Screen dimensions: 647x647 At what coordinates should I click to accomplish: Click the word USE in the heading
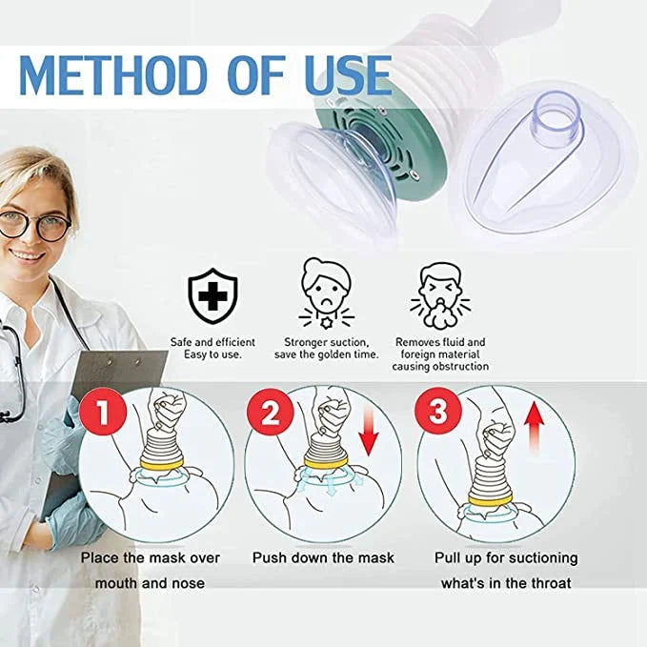348,76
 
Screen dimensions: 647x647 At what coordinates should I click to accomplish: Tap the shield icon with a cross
212,295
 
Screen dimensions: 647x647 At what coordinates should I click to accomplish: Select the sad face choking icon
327,293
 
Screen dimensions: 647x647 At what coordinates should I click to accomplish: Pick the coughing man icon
440,295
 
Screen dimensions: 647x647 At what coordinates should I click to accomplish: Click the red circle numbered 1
103,412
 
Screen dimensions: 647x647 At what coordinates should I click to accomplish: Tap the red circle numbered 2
271,412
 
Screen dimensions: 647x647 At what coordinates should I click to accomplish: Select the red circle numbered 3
438,412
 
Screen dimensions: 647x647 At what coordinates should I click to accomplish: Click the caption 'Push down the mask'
323,557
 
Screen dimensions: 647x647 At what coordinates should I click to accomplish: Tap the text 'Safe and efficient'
212,342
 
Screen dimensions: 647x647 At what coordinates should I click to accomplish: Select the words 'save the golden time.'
326,354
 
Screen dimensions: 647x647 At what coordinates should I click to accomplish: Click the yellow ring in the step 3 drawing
490,500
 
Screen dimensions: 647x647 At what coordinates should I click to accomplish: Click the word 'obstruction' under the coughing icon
464,367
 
